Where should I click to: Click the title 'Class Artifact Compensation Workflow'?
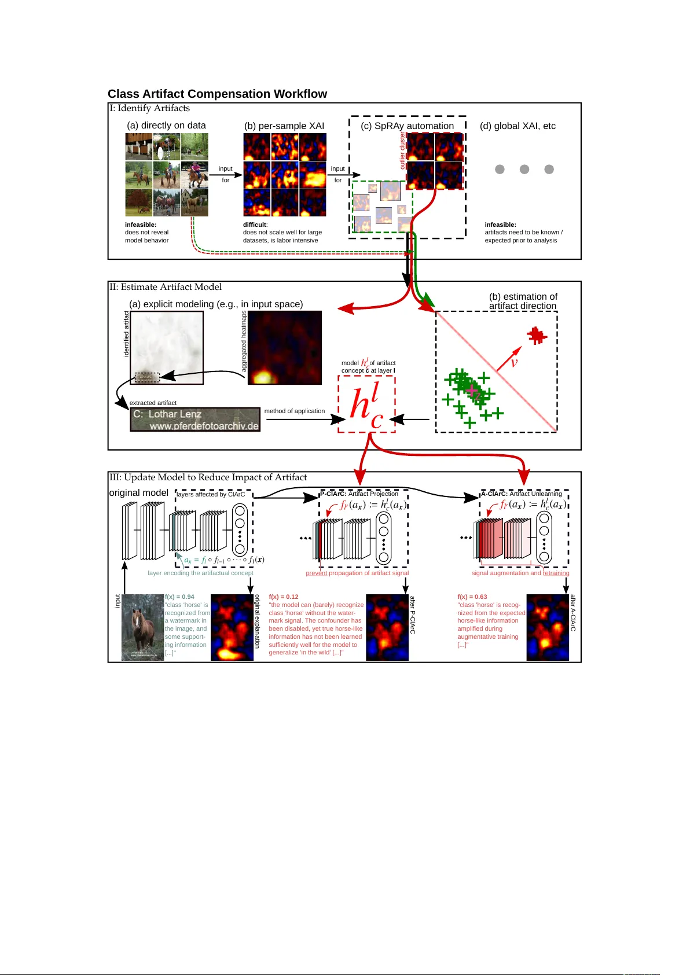click(x=217, y=94)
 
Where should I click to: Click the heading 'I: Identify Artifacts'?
click(x=150, y=108)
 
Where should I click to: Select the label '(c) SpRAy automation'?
click(x=407, y=126)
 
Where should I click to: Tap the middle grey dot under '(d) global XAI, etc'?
click(x=524, y=169)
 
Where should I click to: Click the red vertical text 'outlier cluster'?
click(x=403, y=150)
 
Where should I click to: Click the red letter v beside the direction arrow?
click(x=514, y=363)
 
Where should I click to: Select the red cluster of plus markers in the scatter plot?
click(x=537, y=335)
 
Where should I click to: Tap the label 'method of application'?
click(x=294, y=411)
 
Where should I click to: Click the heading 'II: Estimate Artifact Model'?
click(x=166, y=287)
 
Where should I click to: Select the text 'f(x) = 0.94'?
click(x=179, y=597)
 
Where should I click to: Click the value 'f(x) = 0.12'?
click(x=284, y=597)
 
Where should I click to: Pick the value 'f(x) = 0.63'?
click(x=472, y=597)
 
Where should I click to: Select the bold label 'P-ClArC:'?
click(x=333, y=494)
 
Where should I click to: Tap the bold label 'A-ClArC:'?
click(x=494, y=494)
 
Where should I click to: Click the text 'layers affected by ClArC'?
click(x=211, y=494)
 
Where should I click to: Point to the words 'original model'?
click(x=138, y=492)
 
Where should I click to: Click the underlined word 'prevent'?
click(x=316, y=573)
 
